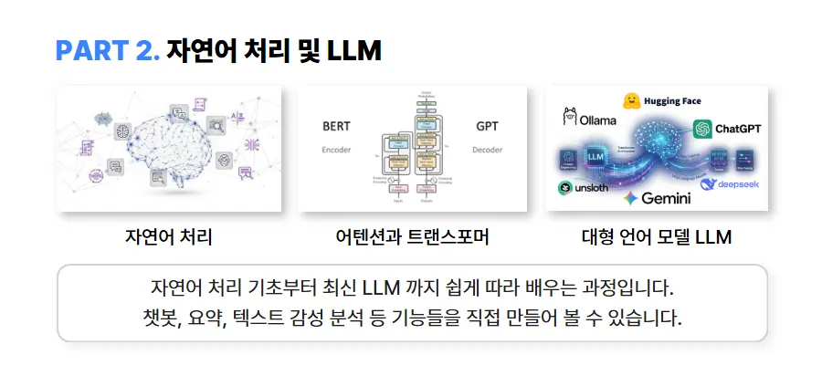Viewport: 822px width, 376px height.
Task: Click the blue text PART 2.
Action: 108,51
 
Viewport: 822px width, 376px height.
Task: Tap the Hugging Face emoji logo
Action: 631,100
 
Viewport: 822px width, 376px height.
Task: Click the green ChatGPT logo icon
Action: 702,130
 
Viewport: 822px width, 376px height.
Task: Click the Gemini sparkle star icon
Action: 629,197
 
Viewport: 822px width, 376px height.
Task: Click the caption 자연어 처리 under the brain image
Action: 169,238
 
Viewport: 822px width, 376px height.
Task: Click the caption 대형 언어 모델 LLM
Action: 657,238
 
